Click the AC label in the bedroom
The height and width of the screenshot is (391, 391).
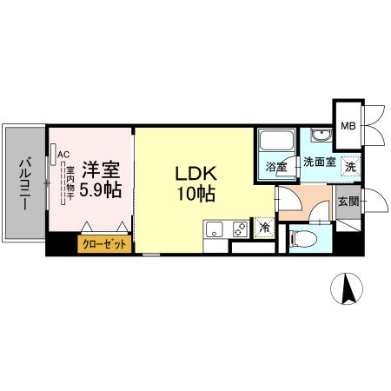click(x=63, y=156)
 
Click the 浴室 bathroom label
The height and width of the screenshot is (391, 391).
click(x=275, y=167)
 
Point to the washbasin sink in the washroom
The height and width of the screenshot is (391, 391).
click(x=321, y=136)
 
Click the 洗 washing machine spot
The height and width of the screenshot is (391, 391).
click(x=348, y=164)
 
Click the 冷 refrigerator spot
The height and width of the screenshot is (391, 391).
click(x=264, y=228)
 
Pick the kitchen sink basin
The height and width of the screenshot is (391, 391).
click(x=215, y=230)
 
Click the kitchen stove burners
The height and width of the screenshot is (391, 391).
click(x=239, y=230)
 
